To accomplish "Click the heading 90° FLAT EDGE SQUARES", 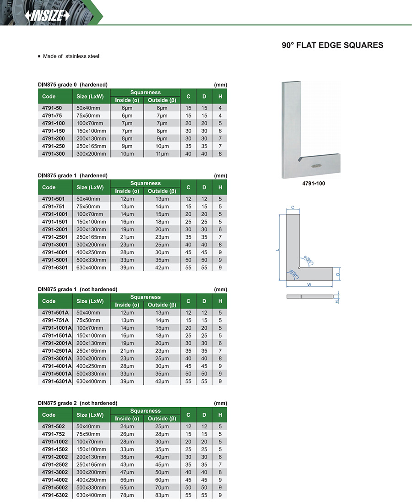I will pyautogui.click(x=332, y=45).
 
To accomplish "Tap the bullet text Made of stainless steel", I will pyautogui.click(x=71, y=56).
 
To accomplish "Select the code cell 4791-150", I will pyautogui.click(x=54, y=131).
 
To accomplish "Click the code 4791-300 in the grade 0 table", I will pyautogui.click(x=54, y=154).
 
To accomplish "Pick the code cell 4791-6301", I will pyautogui.click(x=55, y=267).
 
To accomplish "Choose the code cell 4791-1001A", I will pyautogui.click(x=57, y=328).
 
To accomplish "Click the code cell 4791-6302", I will pyautogui.click(x=55, y=495).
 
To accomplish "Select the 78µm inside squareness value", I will pyautogui.click(x=127, y=495).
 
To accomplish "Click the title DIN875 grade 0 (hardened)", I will pyautogui.click(x=72, y=85).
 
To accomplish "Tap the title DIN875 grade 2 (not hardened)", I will pyautogui.click(x=77, y=403).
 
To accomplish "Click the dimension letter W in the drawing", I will pyautogui.click(x=309, y=284).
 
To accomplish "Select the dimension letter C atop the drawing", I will pyautogui.click(x=293, y=207).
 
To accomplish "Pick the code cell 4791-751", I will pyautogui.click(x=54, y=207).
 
